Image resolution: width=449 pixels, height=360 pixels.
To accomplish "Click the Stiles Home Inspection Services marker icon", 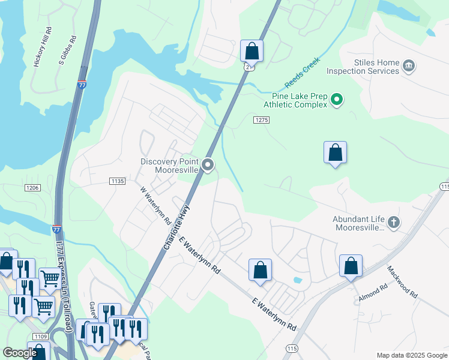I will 408,65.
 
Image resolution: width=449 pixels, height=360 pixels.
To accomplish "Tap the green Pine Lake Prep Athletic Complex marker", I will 337,100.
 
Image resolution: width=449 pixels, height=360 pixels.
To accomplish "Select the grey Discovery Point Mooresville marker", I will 208,165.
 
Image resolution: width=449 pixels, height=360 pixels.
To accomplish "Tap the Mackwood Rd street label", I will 402,283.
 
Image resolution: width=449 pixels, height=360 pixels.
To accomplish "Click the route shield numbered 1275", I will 261,120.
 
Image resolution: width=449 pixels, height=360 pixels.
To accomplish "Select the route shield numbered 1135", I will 117,181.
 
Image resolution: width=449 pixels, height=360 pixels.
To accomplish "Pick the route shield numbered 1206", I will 32,188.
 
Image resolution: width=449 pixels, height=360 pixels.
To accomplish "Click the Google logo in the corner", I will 20,353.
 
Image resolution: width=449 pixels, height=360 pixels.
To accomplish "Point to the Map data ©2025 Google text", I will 411,355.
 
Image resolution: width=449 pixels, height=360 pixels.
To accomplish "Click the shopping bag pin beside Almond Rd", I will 351,266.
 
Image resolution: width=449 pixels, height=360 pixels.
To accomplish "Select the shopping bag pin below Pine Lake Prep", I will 335,154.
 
